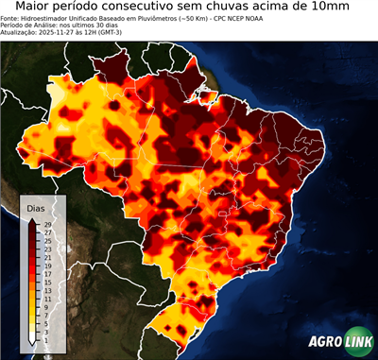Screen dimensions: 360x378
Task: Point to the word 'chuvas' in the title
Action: click(258, 7)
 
